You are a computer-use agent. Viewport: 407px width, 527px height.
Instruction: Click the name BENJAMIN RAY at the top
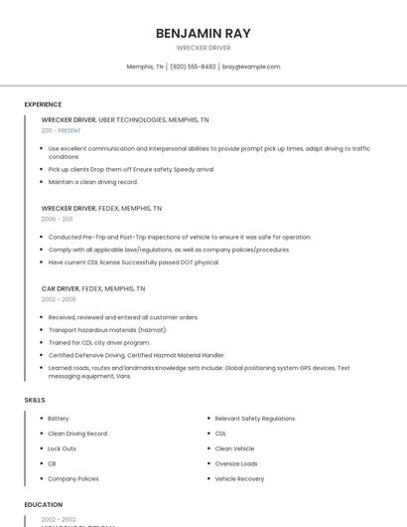coord(203,33)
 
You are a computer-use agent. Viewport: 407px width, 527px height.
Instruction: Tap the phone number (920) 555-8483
coord(193,67)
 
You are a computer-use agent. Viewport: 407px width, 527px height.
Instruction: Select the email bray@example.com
coord(251,67)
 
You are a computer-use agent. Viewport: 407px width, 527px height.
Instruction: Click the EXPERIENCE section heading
coord(43,104)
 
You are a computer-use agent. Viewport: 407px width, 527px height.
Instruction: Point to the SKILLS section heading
coord(35,400)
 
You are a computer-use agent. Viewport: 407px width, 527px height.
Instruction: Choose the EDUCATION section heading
coord(44,505)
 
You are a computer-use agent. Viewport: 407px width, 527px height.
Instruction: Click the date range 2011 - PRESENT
coord(61,130)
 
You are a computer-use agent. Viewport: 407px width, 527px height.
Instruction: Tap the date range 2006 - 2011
coord(57,219)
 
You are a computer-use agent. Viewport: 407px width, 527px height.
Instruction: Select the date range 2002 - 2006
coord(59,299)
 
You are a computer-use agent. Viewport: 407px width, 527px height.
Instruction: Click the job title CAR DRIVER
coord(60,288)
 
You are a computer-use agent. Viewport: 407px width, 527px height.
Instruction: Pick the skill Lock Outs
coord(62,448)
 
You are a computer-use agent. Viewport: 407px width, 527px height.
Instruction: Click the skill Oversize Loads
coord(236,463)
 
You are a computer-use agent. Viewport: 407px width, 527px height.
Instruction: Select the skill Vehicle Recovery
coord(239,478)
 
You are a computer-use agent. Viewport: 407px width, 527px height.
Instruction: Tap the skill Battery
coord(59,419)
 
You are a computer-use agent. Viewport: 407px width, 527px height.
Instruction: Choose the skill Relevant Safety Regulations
coord(255,419)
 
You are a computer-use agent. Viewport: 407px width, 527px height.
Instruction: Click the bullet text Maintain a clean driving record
coord(93,182)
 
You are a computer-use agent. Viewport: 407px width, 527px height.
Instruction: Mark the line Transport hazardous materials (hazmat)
coord(107,330)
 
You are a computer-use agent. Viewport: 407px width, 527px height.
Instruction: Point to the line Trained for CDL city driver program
coord(99,342)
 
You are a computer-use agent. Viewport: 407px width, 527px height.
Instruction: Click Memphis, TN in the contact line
coord(145,67)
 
